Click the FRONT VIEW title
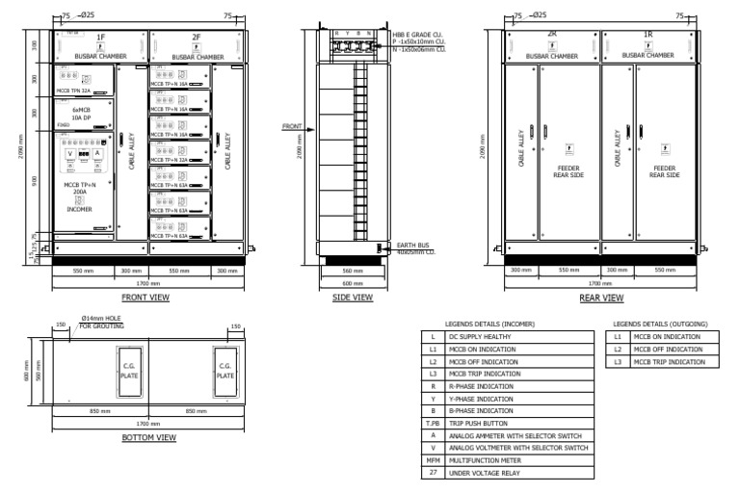[x=145, y=298]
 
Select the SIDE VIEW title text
[x=352, y=298]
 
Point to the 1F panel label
[x=101, y=37]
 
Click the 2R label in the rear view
[x=552, y=35]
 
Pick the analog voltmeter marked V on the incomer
[x=68, y=154]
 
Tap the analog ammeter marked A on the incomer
[x=97, y=154]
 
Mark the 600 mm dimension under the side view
[x=353, y=284]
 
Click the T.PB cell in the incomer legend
[x=433, y=423]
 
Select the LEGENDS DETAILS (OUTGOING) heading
[x=660, y=325]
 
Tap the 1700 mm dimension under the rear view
[x=600, y=284]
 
